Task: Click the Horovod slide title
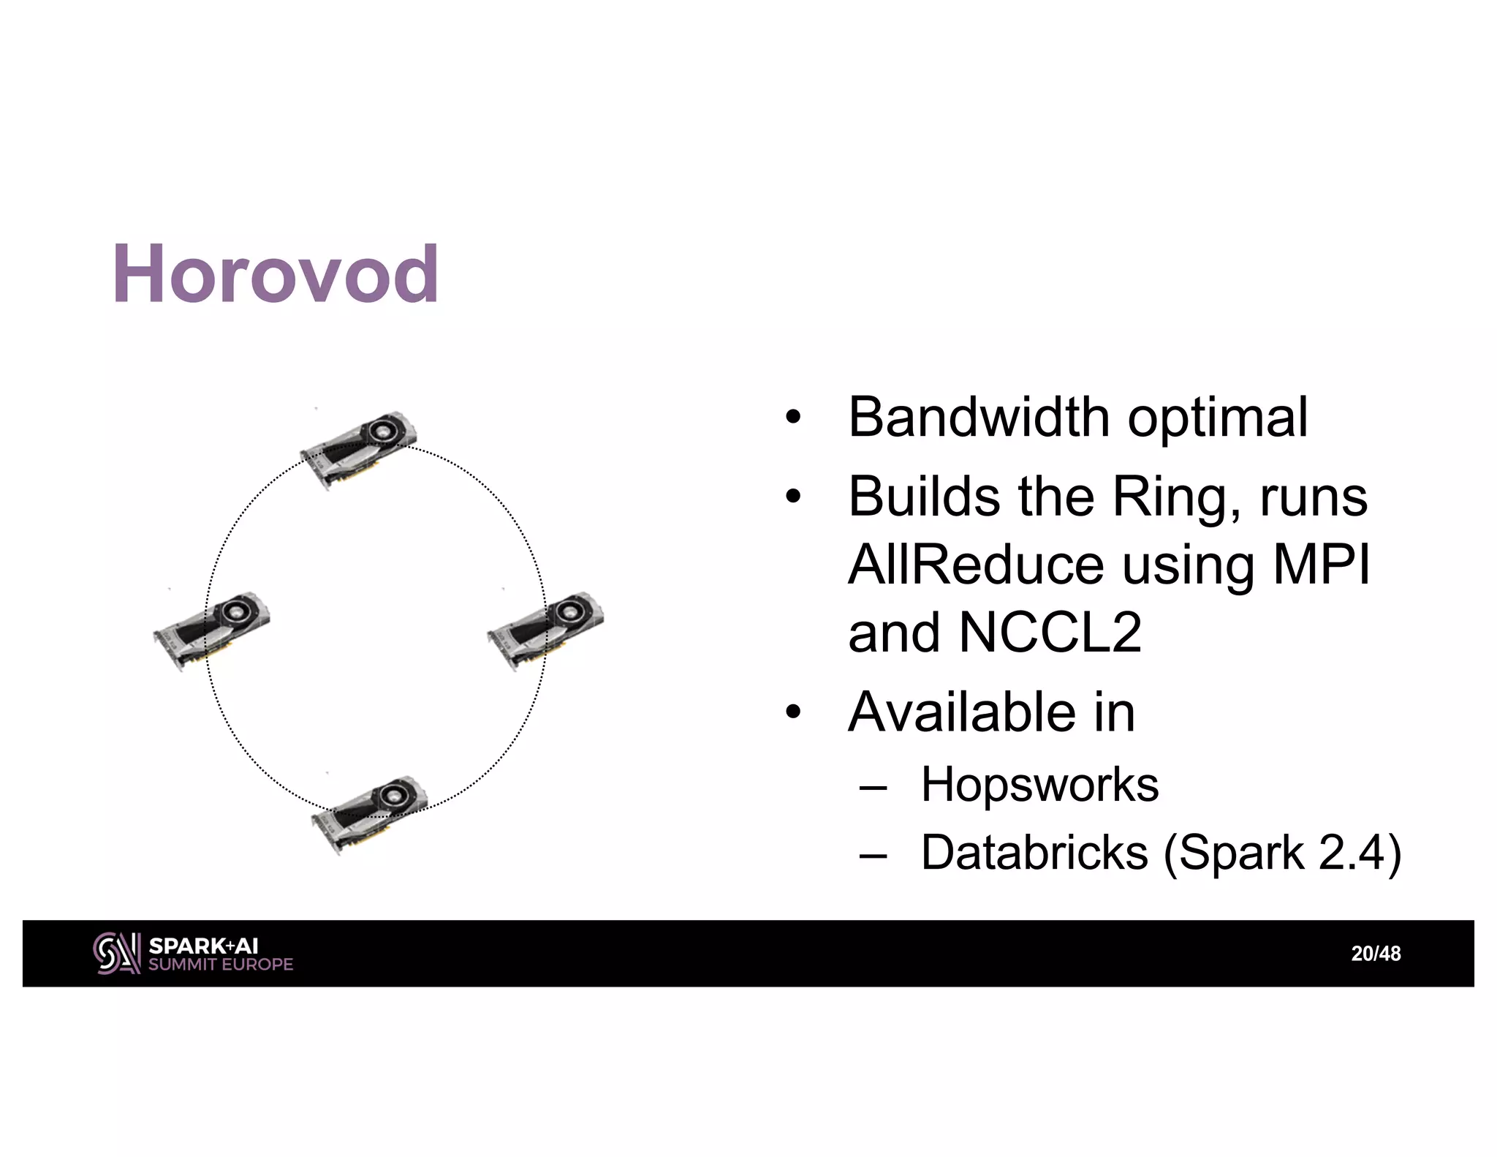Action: click(276, 275)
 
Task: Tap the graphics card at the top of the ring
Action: click(358, 448)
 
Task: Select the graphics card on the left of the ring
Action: click(212, 630)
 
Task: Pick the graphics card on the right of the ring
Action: click(545, 629)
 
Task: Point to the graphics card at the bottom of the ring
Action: click(370, 813)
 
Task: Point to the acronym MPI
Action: click(1321, 565)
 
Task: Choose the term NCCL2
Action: click(1050, 633)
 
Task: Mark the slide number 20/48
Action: click(1376, 954)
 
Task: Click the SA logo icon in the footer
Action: click(116, 953)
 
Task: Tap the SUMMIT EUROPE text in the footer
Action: click(221, 965)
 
